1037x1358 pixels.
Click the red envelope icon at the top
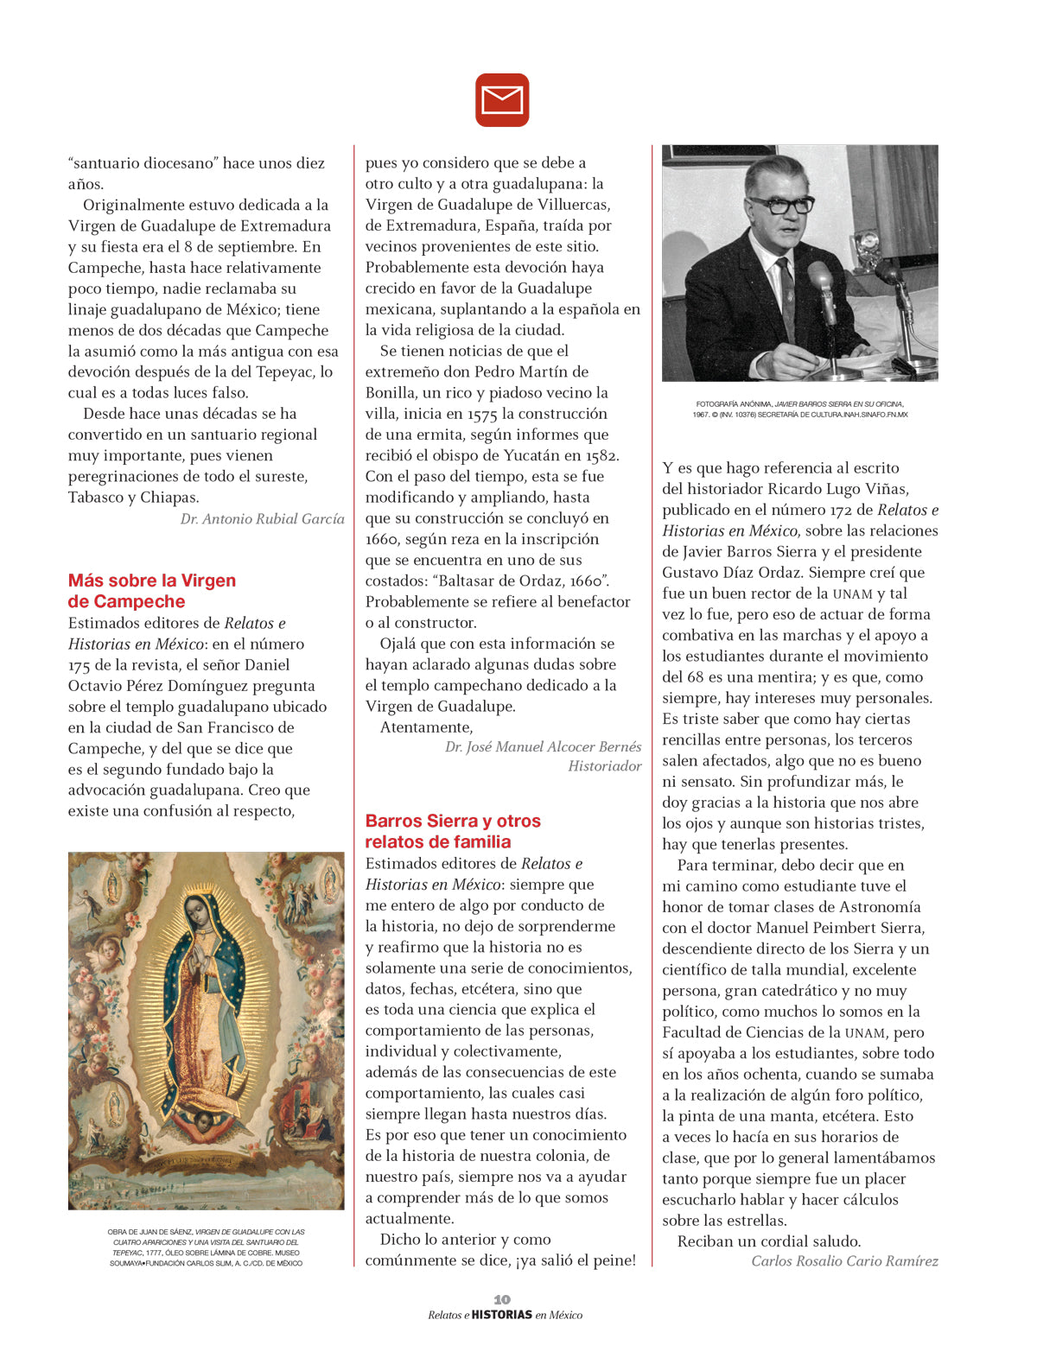point(502,100)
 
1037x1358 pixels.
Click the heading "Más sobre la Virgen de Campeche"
point(152,591)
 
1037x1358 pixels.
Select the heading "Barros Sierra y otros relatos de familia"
point(452,831)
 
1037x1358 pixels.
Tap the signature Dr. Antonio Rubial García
point(262,519)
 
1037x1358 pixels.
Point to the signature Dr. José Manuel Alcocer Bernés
point(543,746)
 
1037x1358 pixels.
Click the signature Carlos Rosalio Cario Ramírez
point(844,1261)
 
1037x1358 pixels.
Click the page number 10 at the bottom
point(502,1299)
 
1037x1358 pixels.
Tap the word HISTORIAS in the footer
point(501,1315)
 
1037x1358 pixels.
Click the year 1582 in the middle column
point(602,455)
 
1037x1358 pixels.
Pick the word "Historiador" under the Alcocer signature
point(605,766)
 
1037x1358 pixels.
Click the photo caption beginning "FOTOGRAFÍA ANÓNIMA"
point(799,409)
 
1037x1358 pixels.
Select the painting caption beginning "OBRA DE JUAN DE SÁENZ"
point(206,1247)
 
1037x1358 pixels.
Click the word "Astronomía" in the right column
point(879,907)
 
